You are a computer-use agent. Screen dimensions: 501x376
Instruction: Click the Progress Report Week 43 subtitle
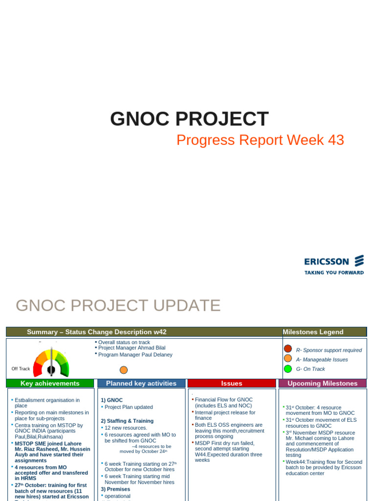click(260, 140)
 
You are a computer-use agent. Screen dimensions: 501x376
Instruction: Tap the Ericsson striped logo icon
click(359, 261)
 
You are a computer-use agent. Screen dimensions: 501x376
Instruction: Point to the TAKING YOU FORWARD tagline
click(334, 273)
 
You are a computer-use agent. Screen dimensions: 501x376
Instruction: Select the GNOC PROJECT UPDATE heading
click(118, 305)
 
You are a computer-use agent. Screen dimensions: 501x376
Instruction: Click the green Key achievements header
click(50, 384)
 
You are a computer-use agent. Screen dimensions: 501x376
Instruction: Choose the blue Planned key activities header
click(141, 384)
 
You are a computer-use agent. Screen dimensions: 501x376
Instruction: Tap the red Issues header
click(232, 384)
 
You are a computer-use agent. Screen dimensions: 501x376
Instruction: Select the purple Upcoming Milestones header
click(322, 384)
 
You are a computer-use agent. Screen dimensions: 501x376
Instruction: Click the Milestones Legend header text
click(313, 332)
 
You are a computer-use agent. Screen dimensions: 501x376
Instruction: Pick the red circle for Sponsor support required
click(288, 349)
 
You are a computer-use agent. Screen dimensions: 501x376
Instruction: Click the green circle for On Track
click(288, 368)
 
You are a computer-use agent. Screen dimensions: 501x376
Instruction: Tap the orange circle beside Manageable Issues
click(288, 359)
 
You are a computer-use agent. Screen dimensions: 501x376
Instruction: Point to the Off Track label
click(21, 369)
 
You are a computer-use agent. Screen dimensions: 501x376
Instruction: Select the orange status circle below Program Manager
click(123, 370)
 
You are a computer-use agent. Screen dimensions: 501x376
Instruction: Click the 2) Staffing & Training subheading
click(127, 421)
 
